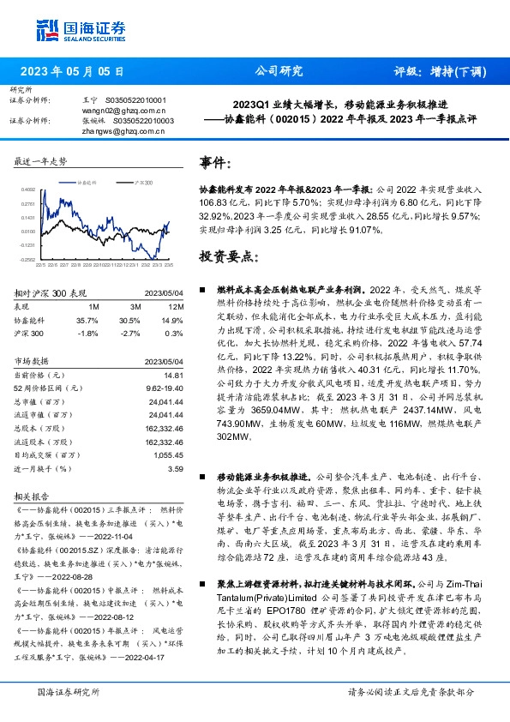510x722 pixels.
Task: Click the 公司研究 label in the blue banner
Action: (279, 71)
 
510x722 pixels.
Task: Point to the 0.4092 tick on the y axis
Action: (28, 190)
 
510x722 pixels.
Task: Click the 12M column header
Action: (176, 305)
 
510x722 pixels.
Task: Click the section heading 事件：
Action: (215, 163)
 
